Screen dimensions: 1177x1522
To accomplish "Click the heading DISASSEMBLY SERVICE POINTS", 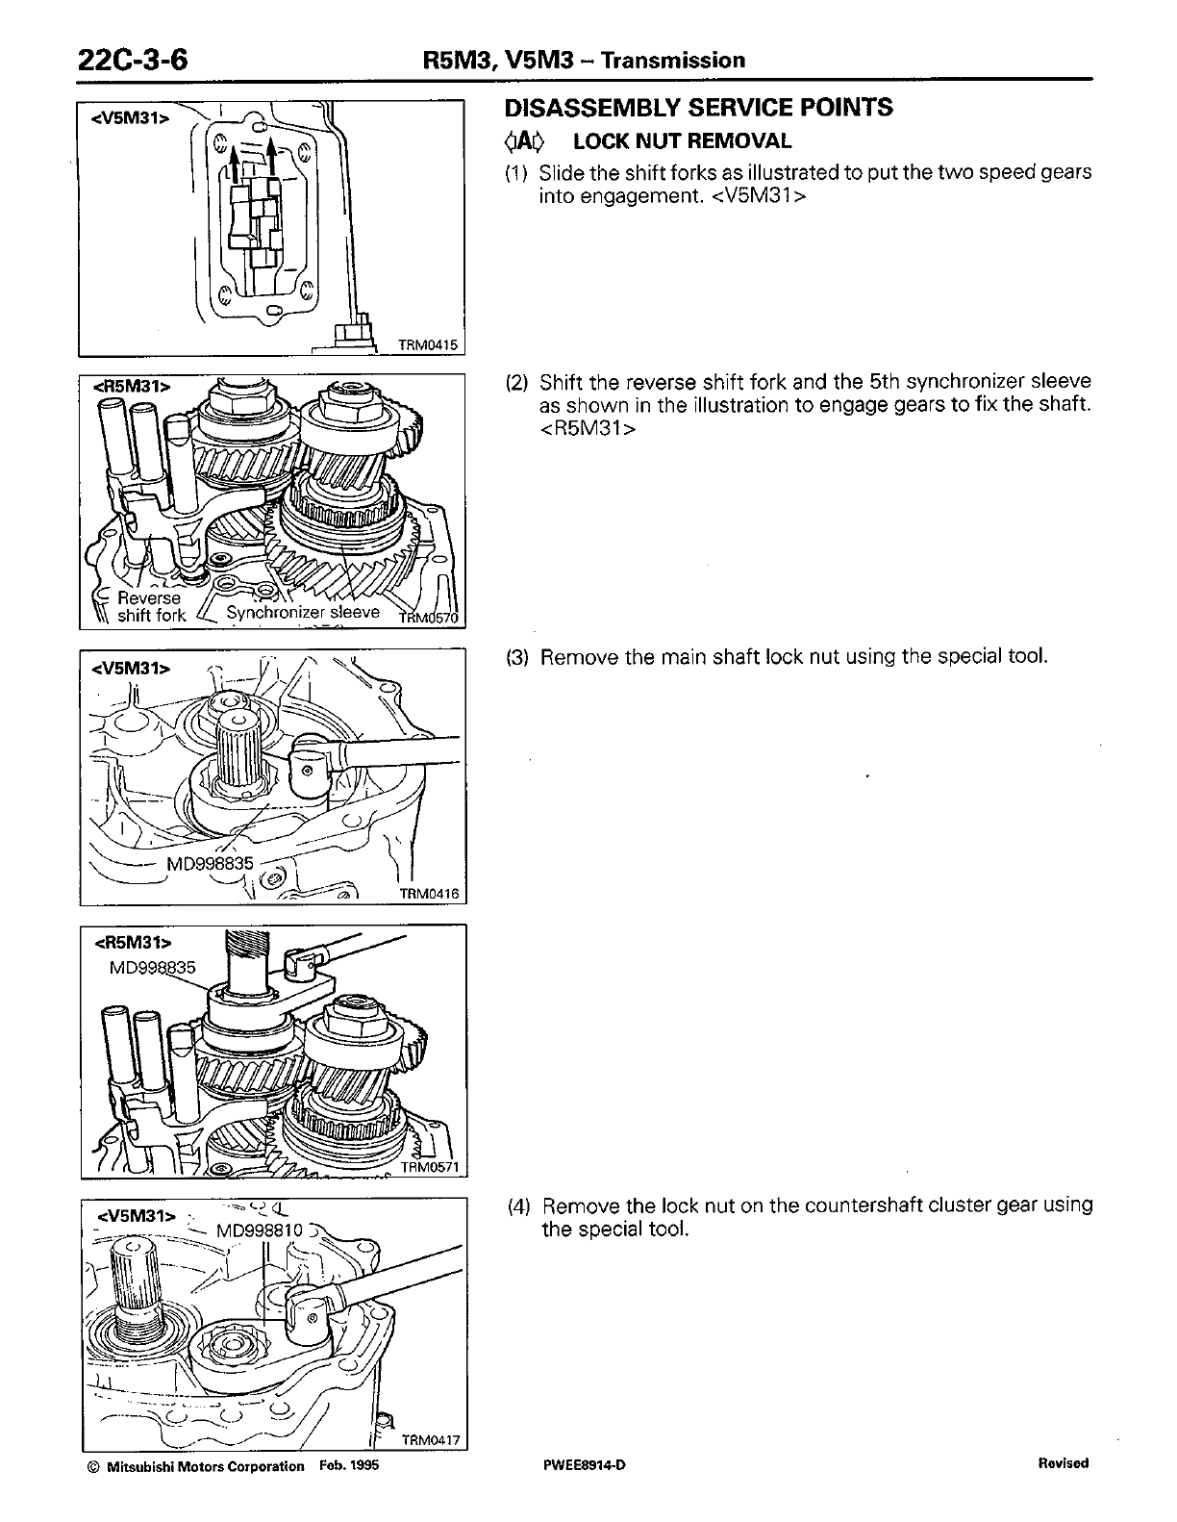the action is tap(699, 108).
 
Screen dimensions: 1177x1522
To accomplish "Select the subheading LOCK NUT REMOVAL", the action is tap(682, 141).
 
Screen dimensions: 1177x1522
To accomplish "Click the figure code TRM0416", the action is tap(430, 894).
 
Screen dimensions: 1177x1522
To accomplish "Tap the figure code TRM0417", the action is tap(431, 1440).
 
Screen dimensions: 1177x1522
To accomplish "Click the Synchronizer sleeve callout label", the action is tap(303, 613).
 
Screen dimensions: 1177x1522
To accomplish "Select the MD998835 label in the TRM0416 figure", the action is tap(211, 863).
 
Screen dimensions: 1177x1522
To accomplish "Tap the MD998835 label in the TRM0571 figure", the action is tap(154, 967).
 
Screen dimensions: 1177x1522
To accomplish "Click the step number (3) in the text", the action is tap(518, 657).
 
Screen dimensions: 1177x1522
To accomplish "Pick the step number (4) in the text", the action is tap(518, 1205).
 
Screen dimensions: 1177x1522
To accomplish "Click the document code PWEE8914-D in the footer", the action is tap(584, 1465).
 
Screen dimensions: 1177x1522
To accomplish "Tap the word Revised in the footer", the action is tap(1064, 1463).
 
